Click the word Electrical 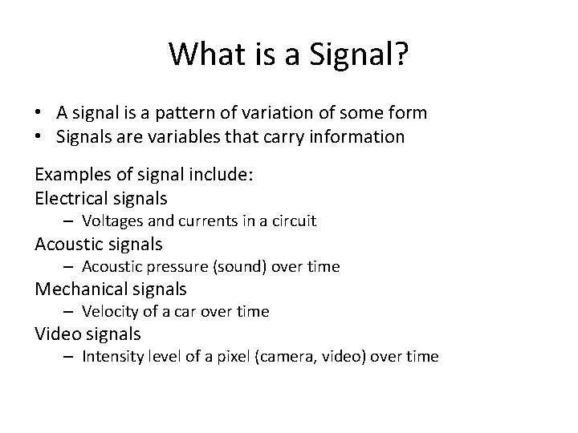[71, 197]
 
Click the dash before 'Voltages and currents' [71, 221]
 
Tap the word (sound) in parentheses [234, 266]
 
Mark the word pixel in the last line [240, 357]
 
